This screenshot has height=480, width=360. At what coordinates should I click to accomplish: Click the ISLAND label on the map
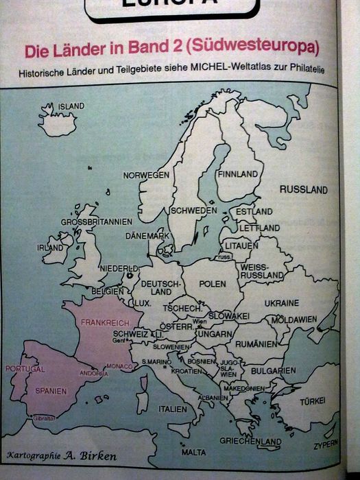[71, 106]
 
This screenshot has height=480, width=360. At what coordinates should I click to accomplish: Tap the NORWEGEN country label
[146, 176]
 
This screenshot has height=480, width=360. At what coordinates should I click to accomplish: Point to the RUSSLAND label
[304, 189]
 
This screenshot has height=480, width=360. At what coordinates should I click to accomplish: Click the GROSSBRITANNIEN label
[96, 222]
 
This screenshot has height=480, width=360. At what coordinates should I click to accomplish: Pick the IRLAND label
[50, 248]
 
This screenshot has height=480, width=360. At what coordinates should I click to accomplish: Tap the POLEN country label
[213, 283]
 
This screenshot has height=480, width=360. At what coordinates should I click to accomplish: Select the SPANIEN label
[51, 391]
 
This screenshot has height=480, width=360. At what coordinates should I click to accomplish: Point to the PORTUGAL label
[25, 369]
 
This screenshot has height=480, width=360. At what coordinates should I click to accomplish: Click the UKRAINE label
[281, 302]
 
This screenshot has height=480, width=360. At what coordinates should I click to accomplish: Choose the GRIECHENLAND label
[250, 441]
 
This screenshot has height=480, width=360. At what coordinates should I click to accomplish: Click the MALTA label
[193, 453]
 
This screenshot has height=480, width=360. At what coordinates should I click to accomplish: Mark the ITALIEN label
[172, 409]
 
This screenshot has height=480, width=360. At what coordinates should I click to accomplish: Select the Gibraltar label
[43, 418]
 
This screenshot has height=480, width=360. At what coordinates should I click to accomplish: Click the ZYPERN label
[326, 444]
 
